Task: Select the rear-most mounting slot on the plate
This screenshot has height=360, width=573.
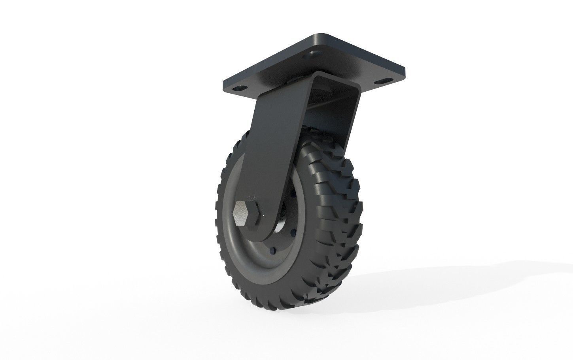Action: (x=315, y=52)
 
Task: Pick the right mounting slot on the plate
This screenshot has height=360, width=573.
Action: (x=381, y=81)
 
